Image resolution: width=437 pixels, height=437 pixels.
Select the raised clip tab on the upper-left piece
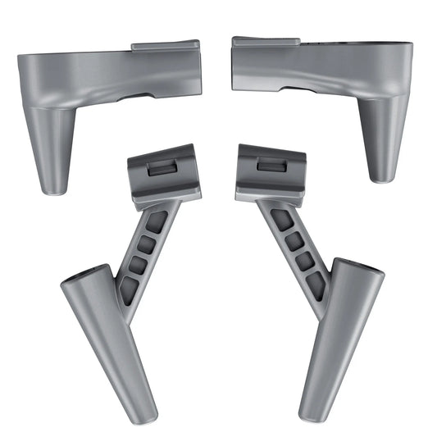(x=165, y=48)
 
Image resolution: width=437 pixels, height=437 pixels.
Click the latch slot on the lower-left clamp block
(x=157, y=167)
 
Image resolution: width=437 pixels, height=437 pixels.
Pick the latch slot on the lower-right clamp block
(x=269, y=165)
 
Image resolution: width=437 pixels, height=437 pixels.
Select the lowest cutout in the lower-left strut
(x=130, y=288)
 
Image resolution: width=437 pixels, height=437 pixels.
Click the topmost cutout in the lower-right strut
(x=280, y=218)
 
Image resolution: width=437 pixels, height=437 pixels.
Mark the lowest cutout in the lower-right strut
(x=316, y=284)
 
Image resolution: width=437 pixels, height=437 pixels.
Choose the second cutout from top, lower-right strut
(x=293, y=241)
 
